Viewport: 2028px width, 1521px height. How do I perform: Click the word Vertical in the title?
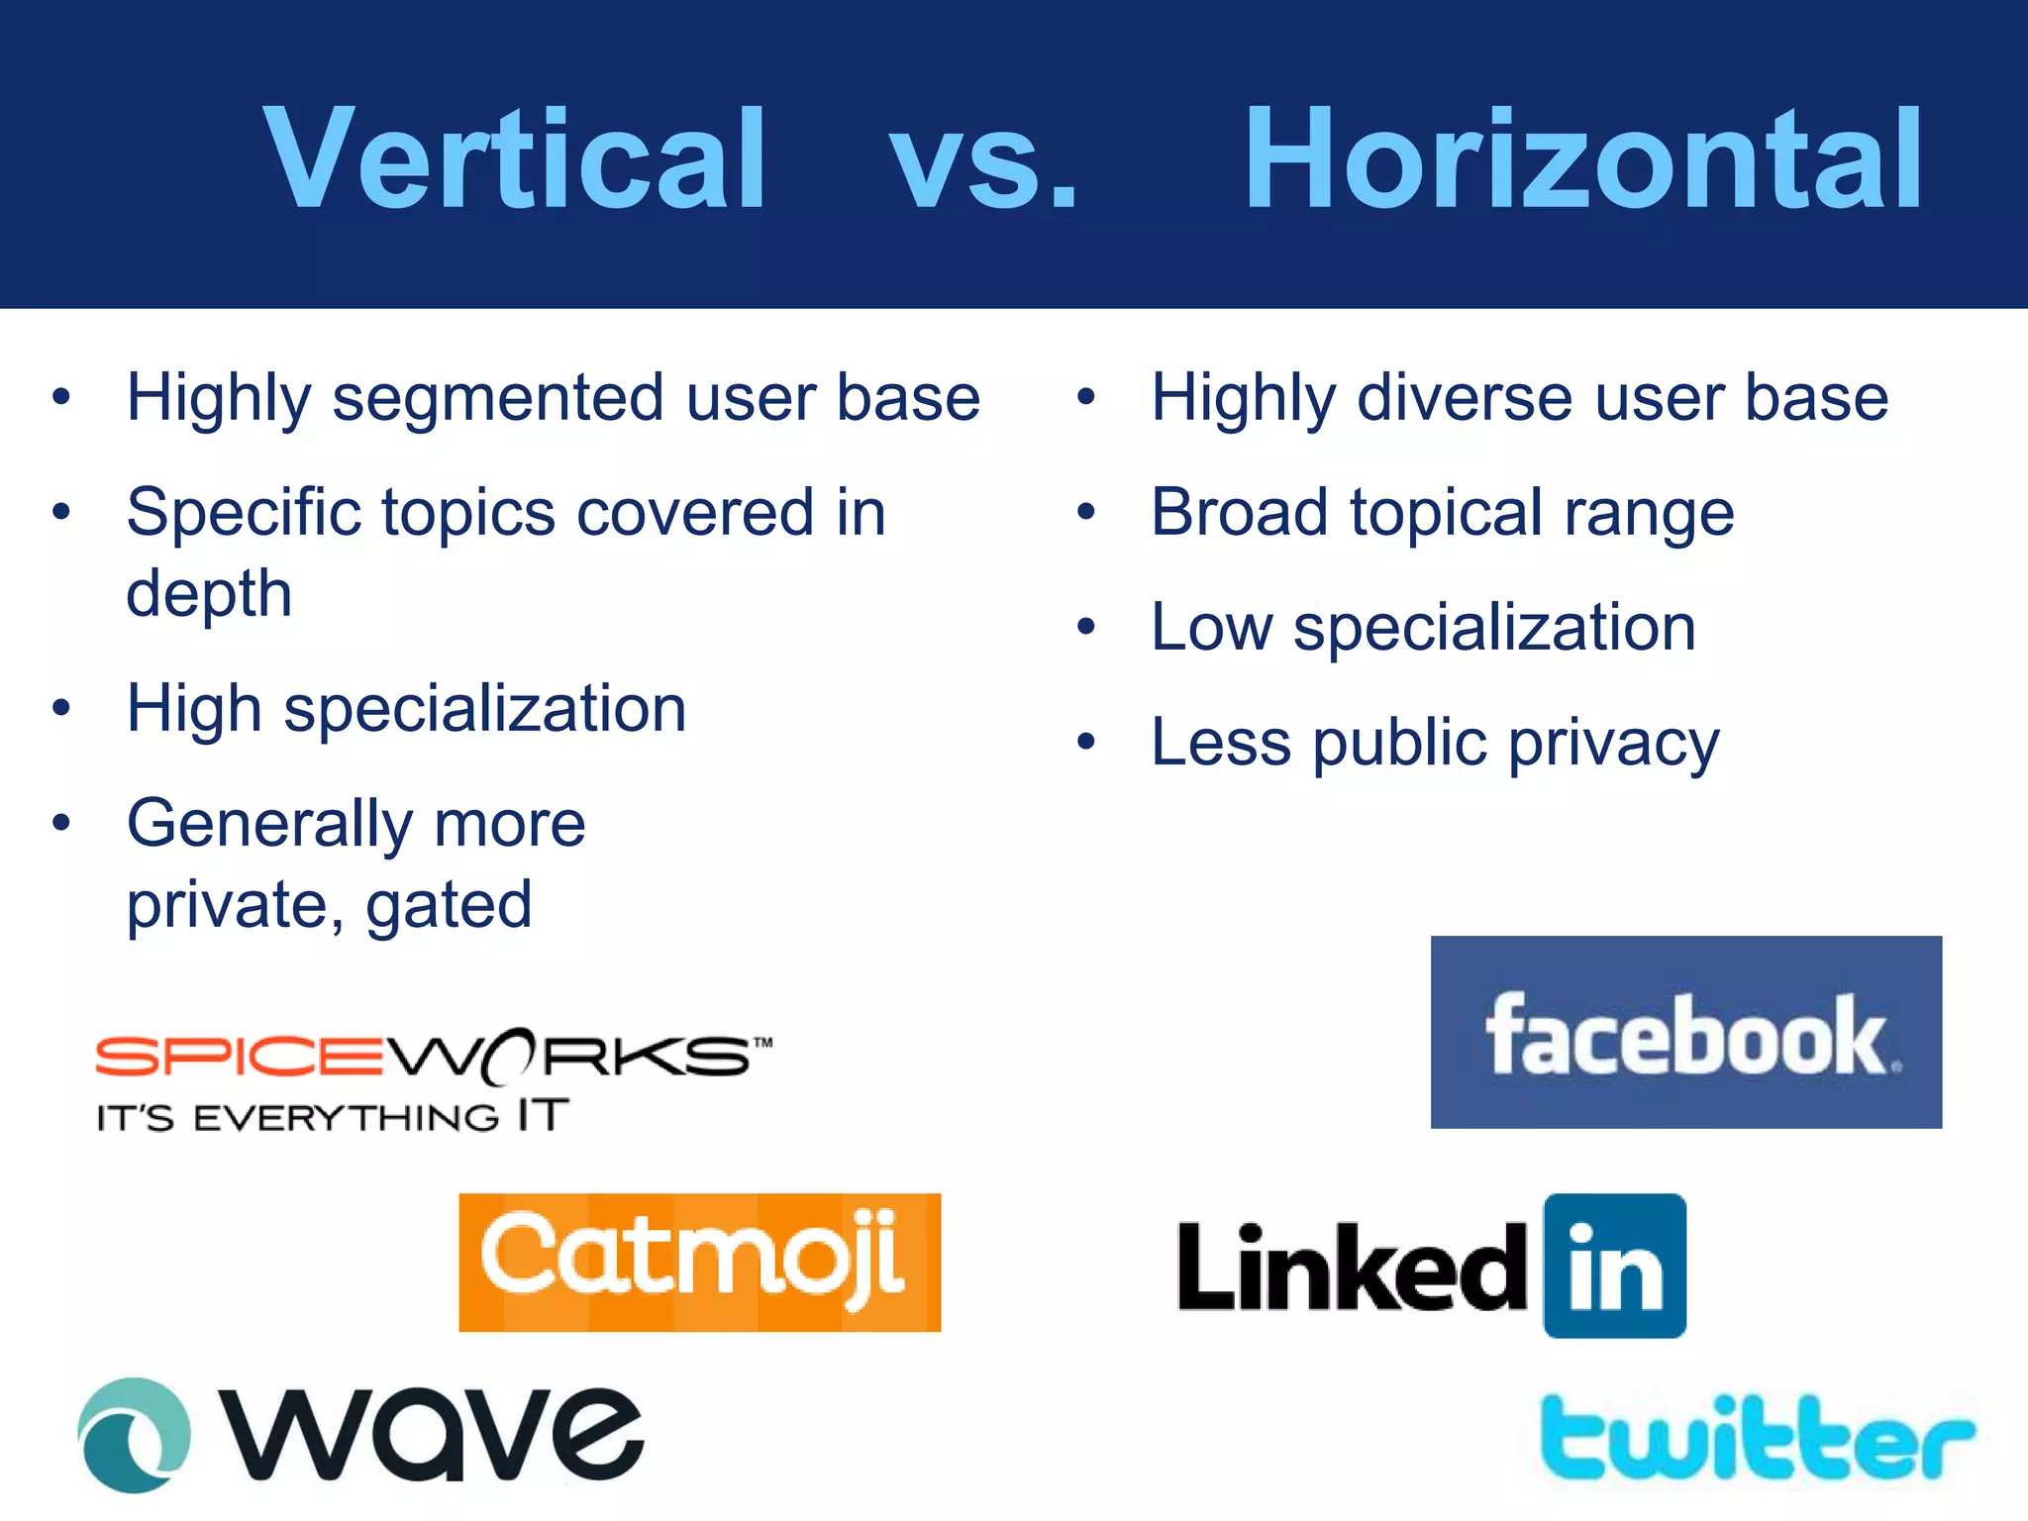point(515,160)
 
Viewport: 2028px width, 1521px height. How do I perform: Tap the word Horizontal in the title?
point(1582,160)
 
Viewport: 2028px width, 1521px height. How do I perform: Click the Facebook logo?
point(1685,1032)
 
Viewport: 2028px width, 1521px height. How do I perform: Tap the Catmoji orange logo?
point(699,1262)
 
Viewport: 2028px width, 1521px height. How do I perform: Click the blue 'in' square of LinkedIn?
point(1614,1266)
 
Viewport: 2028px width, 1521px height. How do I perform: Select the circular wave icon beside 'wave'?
point(134,1435)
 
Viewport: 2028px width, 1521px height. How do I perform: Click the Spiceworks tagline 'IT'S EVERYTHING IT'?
point(333,1117)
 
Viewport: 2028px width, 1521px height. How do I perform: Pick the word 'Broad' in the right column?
point(1238,513)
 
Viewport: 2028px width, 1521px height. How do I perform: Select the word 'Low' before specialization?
point(1210,628)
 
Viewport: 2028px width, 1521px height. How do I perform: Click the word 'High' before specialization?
point(194,709)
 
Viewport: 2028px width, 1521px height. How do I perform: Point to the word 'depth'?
point(209,594)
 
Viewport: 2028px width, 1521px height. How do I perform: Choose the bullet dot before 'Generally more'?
point(61,822)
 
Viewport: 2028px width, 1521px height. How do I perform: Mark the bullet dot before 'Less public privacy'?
point(1086,741)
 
